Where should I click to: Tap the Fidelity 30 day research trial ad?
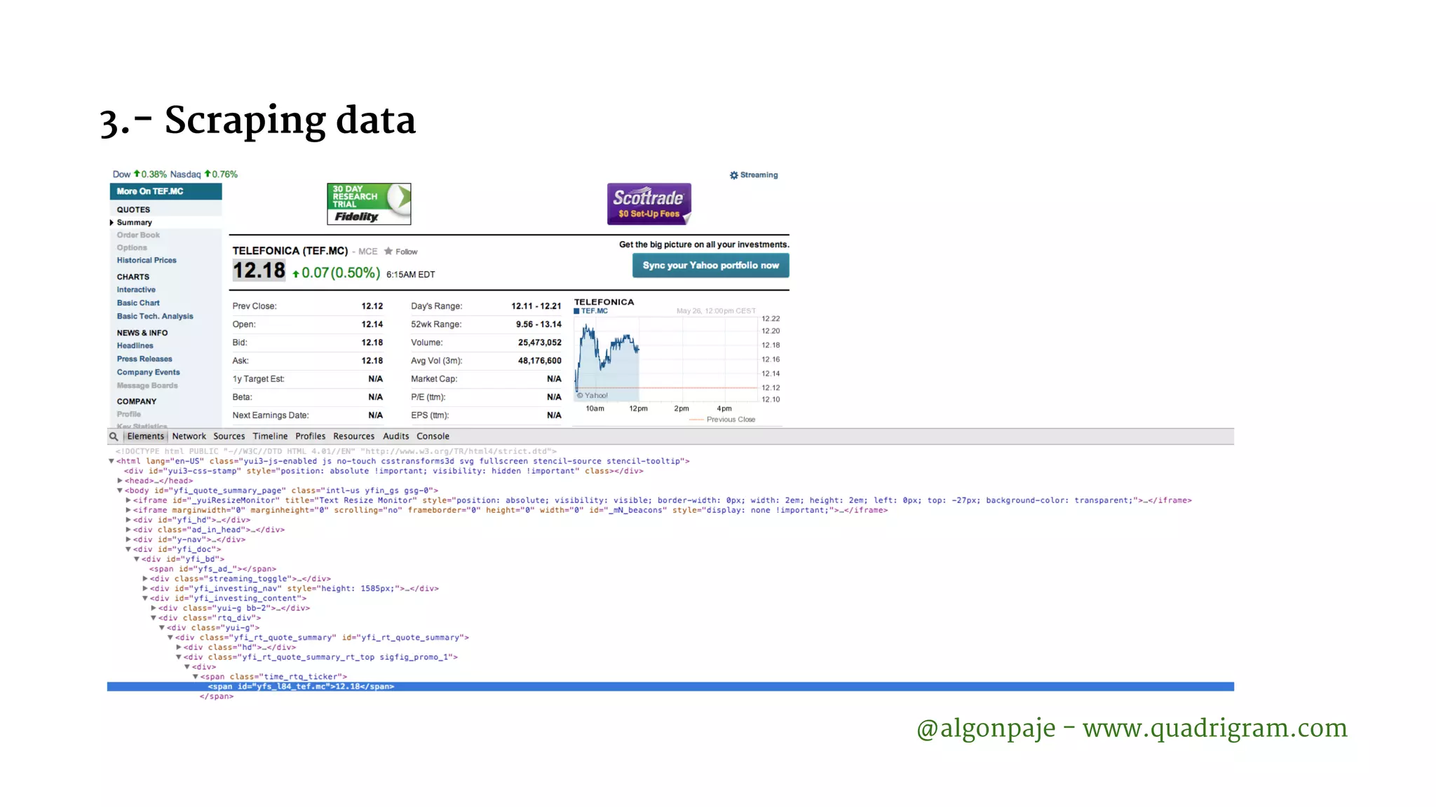pos(369,204)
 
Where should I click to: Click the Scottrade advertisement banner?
pos(649,204)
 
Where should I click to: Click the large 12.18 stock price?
pos(259,271)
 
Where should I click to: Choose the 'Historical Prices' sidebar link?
pos(147,261)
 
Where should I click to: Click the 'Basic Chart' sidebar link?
pos(138,303)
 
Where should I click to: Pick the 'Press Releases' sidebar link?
pos(144,359)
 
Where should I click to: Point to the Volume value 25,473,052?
pos(539,343)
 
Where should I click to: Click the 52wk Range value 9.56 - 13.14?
pos(538,324)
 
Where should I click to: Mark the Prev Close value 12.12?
pos(372,306)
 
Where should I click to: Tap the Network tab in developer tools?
pos(189,436)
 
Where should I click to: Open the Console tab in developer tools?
pos(433,436)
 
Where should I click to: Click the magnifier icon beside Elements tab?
pos(114,436)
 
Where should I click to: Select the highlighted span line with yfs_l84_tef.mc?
pos(302,687)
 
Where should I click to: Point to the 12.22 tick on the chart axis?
pos(771,319)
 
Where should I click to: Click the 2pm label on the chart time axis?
pos(682,408)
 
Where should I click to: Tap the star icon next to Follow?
pos(388,251)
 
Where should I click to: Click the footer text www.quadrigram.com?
pos(1214,729)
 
